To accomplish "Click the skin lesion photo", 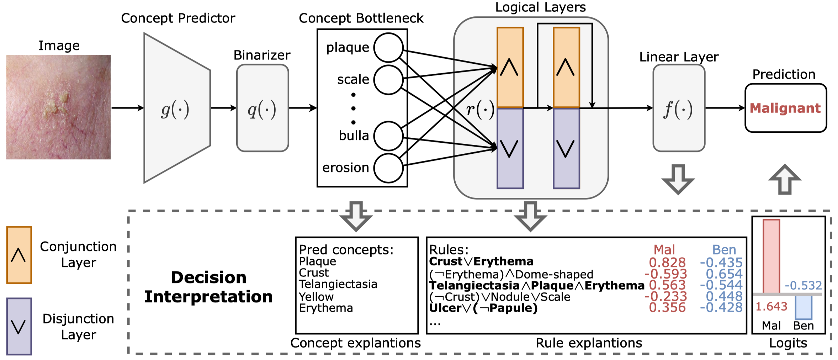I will pos(58,107).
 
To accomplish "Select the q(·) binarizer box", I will pos(262,108).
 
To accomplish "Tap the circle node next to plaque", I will pos(388,48).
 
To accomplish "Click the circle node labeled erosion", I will pos(388,168).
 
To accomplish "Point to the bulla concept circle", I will pos(388,136).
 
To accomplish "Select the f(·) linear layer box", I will pos(679,108).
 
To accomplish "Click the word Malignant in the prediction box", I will pos(785,108).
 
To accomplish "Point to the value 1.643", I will pos(771,307).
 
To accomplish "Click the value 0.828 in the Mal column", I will pos(667,263).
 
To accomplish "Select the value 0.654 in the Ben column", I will pos(724,274).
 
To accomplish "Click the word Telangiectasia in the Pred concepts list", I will pos(338,284).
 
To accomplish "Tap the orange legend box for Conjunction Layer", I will pos(19,255).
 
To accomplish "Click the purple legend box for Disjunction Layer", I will pos(19,326).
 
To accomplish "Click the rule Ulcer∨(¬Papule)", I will pos(483,308).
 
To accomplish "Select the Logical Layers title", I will pos(540,7).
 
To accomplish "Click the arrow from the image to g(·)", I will pos(127,108).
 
